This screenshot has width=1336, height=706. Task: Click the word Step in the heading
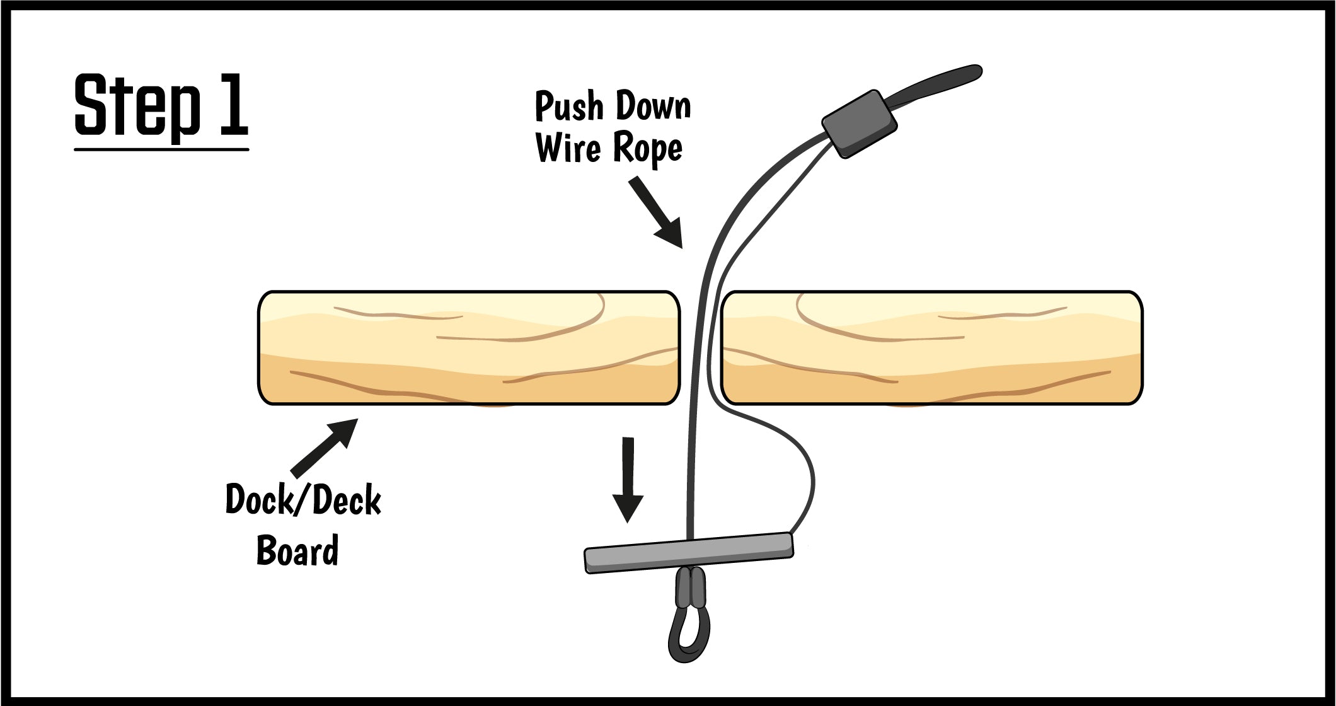coord(137,106)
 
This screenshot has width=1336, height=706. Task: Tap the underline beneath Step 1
coord(161,149)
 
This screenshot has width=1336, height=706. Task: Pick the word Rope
coord(647,149)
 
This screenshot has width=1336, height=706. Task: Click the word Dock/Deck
coord(303,501)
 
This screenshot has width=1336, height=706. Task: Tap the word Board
coord(297,550)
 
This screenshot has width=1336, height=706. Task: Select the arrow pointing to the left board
coord(325,447)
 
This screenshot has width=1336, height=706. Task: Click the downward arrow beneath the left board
coord(628,479)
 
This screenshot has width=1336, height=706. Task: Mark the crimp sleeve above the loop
coord(691,587)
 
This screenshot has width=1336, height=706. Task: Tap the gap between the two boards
coord(701,347)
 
